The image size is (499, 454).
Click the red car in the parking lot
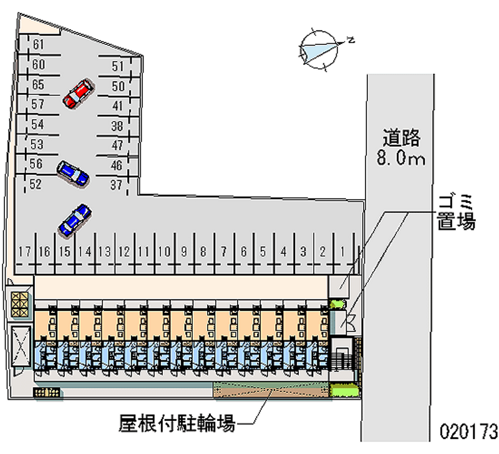tap(78, 94)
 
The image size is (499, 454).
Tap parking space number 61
tap(38, 44)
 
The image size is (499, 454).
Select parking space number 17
tap(25, 252)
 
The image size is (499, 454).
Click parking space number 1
tap(343, 252)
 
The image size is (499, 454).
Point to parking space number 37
tap(117, 184)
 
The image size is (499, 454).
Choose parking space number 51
tap(118, 66)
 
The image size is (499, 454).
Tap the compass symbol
tap(319, 47)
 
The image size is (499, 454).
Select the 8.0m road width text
tap(400, 159)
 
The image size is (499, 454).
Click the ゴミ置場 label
tap(456, 212)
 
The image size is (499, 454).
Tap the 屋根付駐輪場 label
tap(177, 425)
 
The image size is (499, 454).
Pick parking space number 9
tap(184, 252)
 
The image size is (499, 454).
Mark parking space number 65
tap(38, 84)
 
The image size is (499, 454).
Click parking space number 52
tap(36, 184)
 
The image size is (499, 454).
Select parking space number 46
tap(117, 165)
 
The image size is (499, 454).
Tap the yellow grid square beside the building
tap(20, 304)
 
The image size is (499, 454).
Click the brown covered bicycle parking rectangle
tap(271, 389)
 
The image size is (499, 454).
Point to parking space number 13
tap(104, 252)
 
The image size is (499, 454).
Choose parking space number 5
tap(263, 252)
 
